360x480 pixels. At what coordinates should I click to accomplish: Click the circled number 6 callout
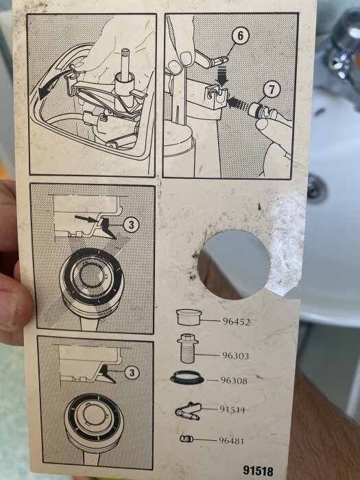[x=240, y=36]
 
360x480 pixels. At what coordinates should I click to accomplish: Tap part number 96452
[x=236, y=322]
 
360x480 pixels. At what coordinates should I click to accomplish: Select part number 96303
[x=235, y=356]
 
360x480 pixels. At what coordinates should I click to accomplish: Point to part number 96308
[x=234, y=381]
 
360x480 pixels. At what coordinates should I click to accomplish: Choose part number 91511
[x=232, y=409]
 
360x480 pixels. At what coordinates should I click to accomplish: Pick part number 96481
[x=231, y=441]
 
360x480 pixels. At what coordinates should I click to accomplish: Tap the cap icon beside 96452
[x=189, y=317]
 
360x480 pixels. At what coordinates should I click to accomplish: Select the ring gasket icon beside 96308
[x=187, y=377]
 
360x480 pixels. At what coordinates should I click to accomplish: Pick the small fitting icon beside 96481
[x=187, y=439]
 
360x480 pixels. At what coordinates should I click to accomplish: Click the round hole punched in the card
[x=234, y=265]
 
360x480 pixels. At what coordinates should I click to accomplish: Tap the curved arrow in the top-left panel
[x=52, y=82]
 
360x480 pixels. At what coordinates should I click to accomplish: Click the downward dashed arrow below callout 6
[x=221, y=75]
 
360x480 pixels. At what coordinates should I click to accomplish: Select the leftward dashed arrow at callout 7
[x=239, y=103]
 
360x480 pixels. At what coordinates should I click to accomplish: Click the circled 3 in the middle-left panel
[x=132, y=225]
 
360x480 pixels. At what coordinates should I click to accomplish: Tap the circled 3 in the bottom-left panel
[x=132, y=373]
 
